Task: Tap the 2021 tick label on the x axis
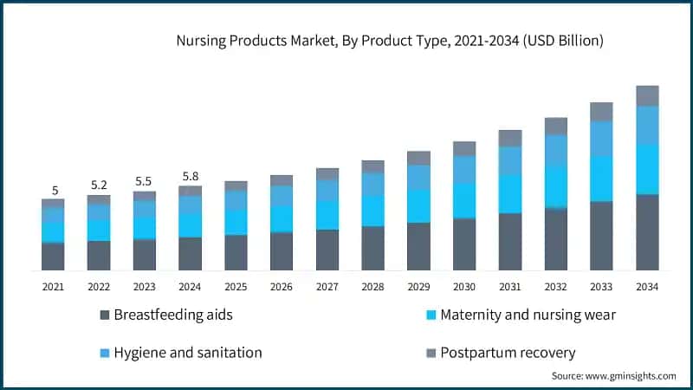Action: [53, 287]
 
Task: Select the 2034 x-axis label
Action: [647, 287]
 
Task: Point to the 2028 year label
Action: [372, 287]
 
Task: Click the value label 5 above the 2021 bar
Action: [54, 191]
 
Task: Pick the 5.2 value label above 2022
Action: [99, 185]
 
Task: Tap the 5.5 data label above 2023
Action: [145, 181]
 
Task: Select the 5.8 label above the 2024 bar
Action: [190, 177]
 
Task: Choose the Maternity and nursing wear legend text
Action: [528, 315]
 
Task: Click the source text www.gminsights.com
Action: [614, 375]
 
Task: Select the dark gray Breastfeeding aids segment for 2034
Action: [647, 232]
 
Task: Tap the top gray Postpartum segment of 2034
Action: [647, 95]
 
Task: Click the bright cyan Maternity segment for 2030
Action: [464, 200]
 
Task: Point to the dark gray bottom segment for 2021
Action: [53, 257]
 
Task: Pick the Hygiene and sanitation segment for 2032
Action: [555, 150]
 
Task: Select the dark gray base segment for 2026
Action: [282, 251]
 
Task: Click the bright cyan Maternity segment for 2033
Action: [601, 179]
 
